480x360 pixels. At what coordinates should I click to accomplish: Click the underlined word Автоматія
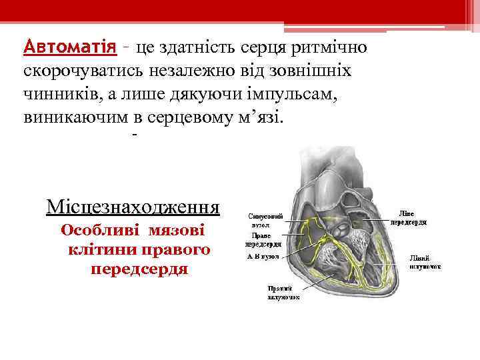(67, 49)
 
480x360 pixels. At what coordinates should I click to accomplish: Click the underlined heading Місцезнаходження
(133, 206)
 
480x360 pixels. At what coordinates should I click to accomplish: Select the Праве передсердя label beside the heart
(264, 240)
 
